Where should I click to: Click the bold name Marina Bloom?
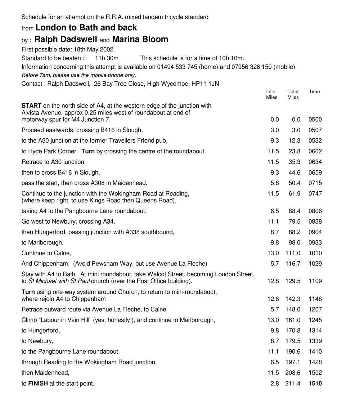140,39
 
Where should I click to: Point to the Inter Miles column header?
271,94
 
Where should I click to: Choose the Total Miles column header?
293,94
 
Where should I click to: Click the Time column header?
314,91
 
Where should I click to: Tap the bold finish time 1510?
315,384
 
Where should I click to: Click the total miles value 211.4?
293,384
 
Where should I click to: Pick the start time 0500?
315,120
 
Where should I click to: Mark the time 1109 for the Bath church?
315,281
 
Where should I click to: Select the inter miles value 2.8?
274,384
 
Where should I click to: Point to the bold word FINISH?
38,384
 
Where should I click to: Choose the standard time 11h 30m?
107,58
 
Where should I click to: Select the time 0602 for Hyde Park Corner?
315,151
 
